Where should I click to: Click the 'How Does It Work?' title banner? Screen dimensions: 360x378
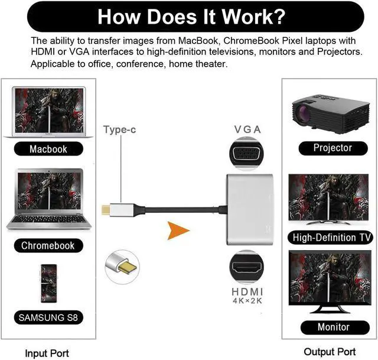189,16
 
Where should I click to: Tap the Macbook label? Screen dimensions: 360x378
48,149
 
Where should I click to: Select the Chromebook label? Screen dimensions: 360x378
48,245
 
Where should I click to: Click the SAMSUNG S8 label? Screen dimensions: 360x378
48,317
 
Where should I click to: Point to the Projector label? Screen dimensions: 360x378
333,148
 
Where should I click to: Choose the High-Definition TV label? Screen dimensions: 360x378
333,238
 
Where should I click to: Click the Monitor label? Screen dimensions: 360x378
333,327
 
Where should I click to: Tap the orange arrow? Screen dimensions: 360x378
178,231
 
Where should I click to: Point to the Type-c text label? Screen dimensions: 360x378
120,129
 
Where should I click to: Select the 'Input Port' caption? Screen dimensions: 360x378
47,353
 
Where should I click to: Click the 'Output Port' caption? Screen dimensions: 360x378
330,352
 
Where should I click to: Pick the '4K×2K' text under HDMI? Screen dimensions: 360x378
248,301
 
